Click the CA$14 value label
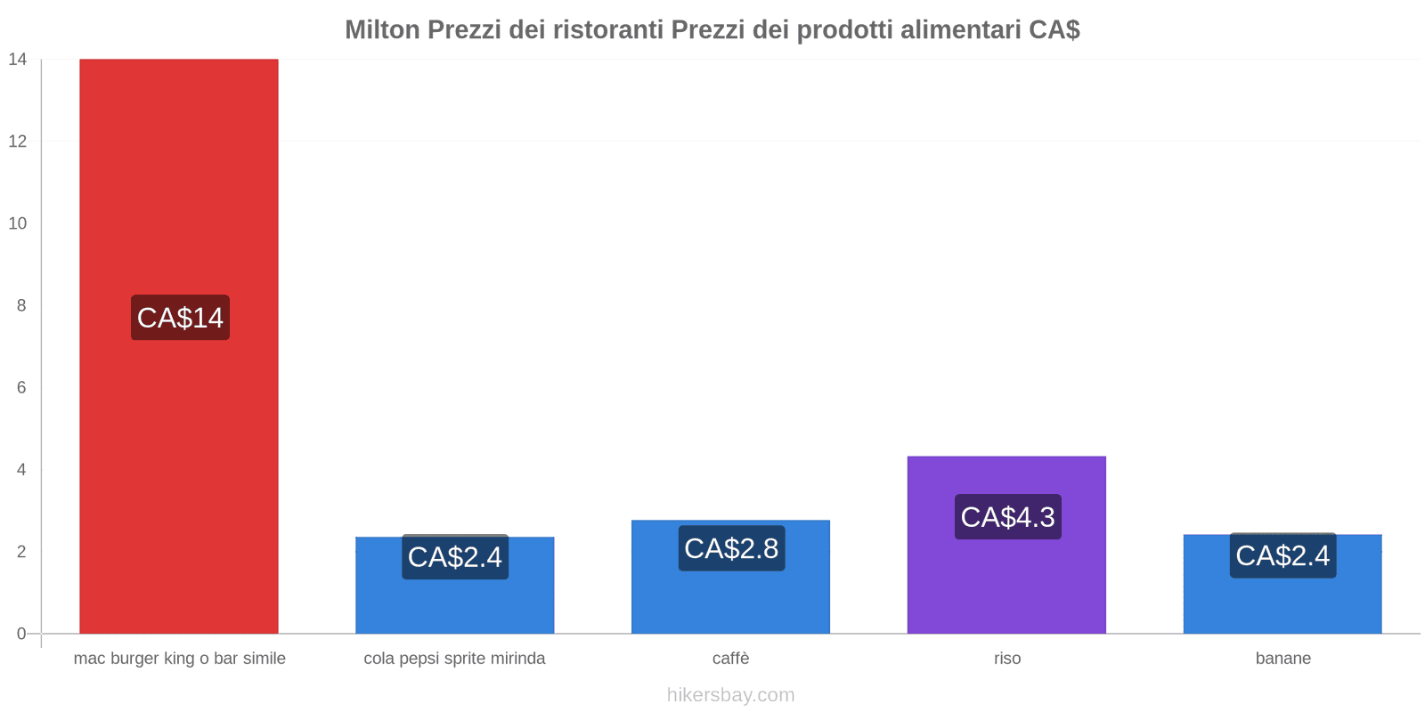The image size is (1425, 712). [x=180, y=318]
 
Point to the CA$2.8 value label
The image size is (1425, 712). [x=731, y=548]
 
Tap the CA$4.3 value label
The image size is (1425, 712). [x=1007, y=516]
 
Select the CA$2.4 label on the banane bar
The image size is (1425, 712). [x=1282, y=555]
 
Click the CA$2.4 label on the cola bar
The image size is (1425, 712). [x=455, y=557]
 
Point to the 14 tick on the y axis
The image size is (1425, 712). [x=18, y=60]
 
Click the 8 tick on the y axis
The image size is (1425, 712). [x=21, y=305]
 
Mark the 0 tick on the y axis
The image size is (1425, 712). [x=21, y=634]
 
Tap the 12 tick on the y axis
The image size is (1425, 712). [x=18, y=142]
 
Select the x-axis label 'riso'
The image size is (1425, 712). [x=1007, y=659]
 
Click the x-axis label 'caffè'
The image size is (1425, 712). [x=731, y=659]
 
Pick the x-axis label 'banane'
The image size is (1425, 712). [x=1283, y=659]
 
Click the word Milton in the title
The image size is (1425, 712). [x=382, y=30]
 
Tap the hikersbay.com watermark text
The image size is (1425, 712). [x=731, y=695]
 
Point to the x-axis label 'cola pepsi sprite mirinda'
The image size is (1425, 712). [x=455, y=659]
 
